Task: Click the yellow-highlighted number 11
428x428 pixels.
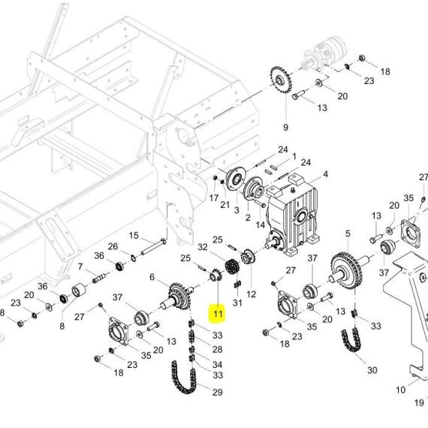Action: tap(218, 314)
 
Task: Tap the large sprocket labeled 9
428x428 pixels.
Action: tap(281, 80)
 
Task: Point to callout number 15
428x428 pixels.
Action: tap(134, 236)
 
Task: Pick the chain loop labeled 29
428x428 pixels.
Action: tap(183, 377)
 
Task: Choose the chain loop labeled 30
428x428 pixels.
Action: tap(351, 340)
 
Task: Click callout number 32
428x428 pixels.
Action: tap(203, 247)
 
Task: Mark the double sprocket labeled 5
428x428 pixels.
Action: tap(346, 271)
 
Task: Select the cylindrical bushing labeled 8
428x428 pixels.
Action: tap(79, 291)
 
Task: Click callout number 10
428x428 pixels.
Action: tap(401, 390)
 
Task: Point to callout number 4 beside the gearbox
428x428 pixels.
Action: tap(325, 174)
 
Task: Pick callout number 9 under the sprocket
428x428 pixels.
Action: tap(285, 128)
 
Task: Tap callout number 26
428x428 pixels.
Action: tap(113, 246)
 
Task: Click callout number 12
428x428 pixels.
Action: tap(251, 294)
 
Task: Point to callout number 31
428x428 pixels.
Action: tap(237, 303)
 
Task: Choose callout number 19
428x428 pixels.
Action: tap(419, 402)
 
